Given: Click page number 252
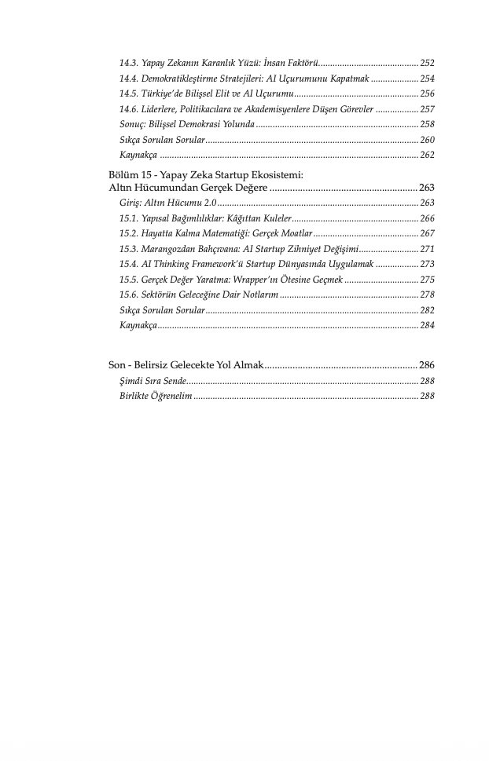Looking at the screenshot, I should [427, 63].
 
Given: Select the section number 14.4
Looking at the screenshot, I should [128, 79].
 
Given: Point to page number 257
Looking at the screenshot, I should [427, 109].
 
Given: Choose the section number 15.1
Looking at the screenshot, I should [128, 218].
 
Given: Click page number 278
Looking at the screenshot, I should [427, 295].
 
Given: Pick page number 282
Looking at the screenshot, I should [427, 309].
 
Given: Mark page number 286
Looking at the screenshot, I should [427, 365].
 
